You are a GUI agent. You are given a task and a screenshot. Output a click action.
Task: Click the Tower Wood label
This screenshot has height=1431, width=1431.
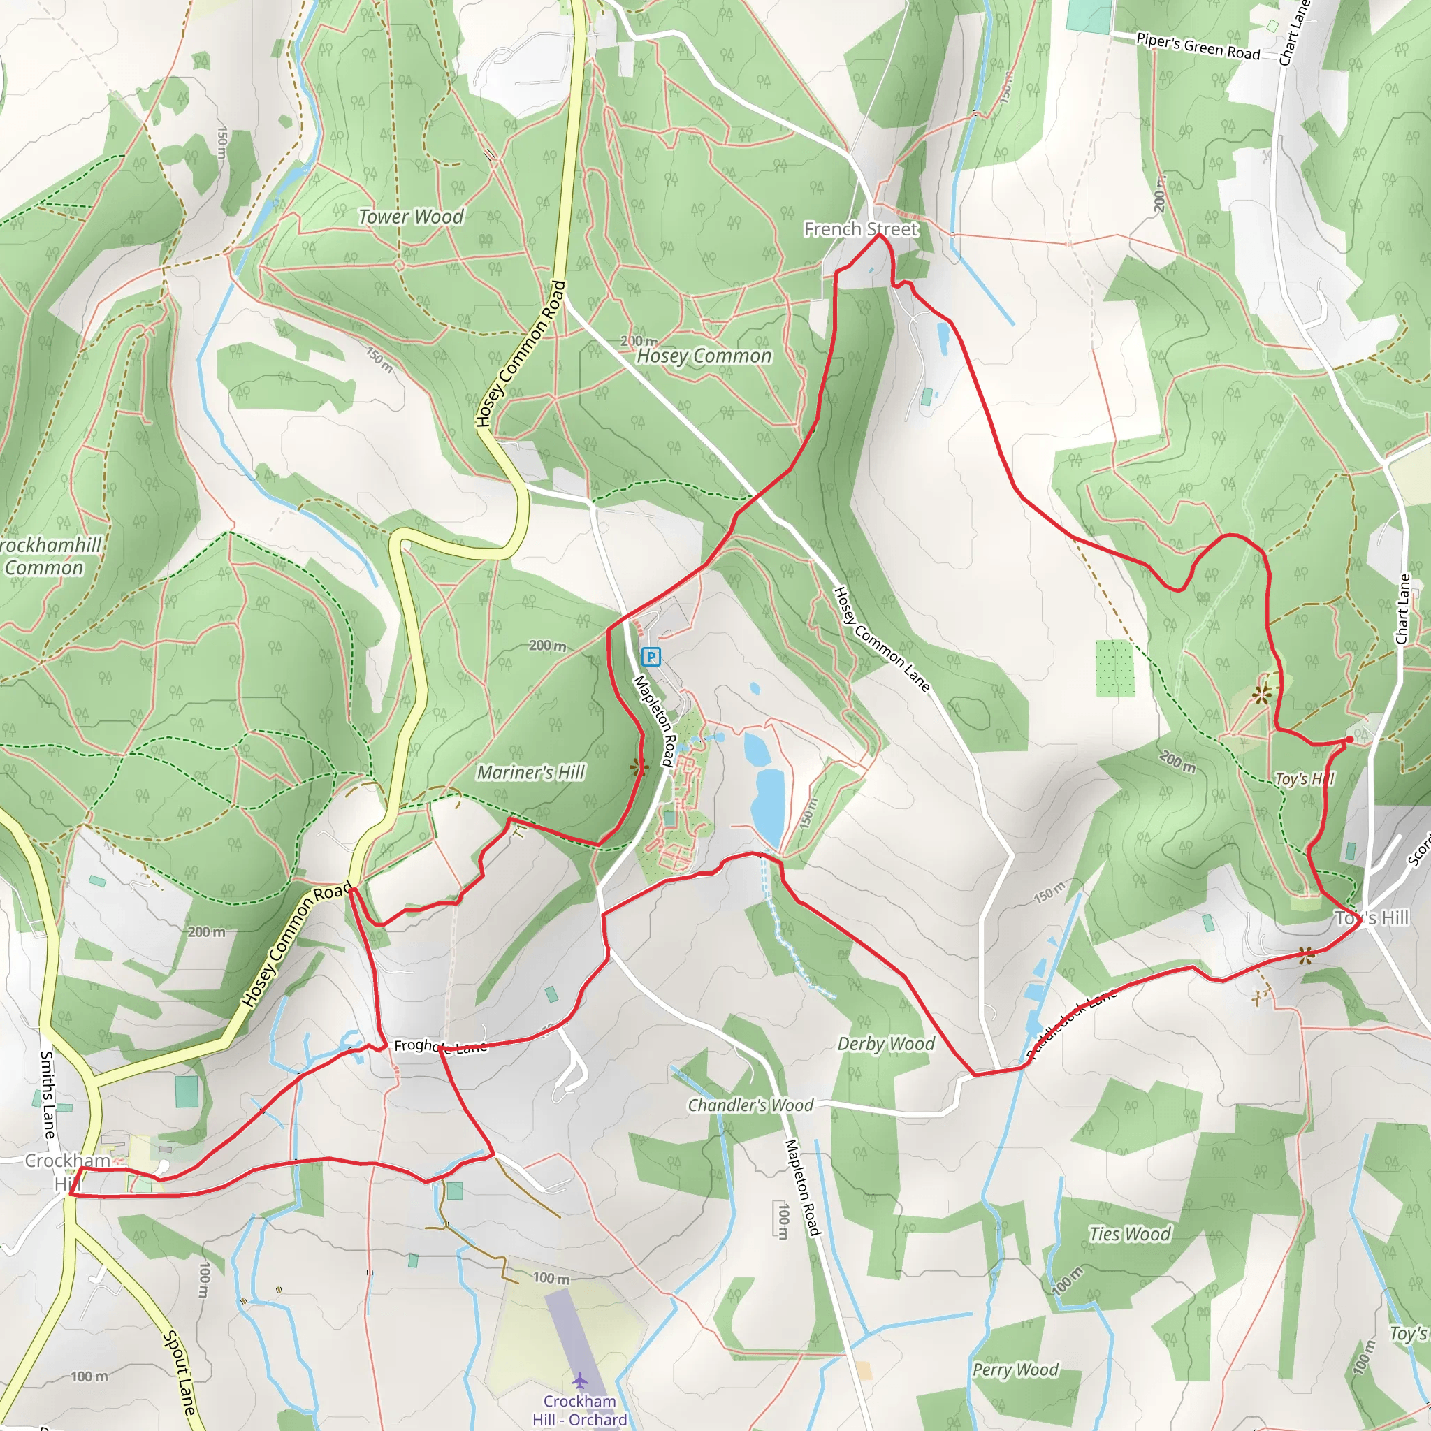(411, 217)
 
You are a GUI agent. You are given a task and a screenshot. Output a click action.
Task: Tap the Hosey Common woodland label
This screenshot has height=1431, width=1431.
(704, 356)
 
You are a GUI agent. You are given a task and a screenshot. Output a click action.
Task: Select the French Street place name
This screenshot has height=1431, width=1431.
(861, 230)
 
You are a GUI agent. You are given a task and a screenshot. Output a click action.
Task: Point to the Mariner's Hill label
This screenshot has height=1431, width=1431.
(530, 773)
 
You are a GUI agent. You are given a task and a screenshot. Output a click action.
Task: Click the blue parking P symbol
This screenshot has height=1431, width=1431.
(651, 656)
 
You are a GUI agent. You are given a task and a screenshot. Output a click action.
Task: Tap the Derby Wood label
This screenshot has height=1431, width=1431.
(886, 1045)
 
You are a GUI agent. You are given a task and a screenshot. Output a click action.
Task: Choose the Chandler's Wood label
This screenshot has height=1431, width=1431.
(750, 1106)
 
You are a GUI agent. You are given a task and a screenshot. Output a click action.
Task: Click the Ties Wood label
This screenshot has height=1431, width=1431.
(1130, 1234)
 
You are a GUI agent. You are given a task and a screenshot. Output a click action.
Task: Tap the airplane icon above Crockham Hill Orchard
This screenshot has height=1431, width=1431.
(579, 1381)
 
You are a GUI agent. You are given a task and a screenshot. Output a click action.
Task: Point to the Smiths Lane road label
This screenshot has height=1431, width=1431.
(47, 1095)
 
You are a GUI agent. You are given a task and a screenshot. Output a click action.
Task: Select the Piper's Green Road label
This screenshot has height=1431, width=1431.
(1198, 47)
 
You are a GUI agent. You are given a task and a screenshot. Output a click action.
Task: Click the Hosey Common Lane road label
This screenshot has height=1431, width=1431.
(881, 639)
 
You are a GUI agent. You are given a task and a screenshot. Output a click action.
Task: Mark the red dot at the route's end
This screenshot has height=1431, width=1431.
(1349, 739)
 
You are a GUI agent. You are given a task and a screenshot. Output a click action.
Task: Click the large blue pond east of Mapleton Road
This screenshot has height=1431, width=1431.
(768, 807)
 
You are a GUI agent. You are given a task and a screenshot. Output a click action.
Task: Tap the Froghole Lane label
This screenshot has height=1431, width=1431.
(440, 1046)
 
